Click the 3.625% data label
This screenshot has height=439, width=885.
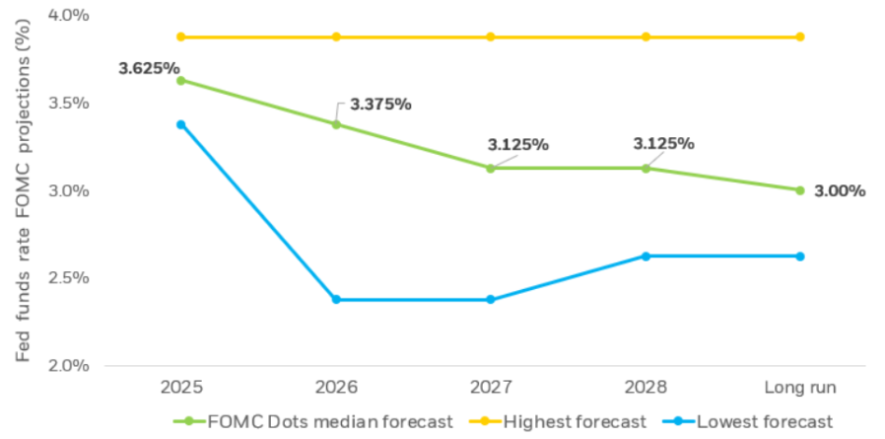(x=149, y=69)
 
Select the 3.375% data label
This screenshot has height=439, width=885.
(x=380, y=105)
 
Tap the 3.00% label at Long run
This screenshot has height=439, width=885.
(x=840, y=191)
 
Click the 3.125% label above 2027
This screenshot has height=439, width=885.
(x=517, y=144)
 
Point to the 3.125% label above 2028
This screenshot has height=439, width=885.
(x=663, y=143)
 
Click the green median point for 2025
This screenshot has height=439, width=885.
(x=180, y=80)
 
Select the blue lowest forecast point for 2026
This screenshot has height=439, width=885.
(x=336, y=299)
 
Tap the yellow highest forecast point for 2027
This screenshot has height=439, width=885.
(x=491, y=37)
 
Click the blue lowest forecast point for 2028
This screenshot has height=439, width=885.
(x=646, y=256)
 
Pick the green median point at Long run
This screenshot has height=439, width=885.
(x=800, y=190)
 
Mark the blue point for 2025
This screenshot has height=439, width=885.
(x=180, y=124)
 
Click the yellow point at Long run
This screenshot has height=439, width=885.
(x=800, y=37)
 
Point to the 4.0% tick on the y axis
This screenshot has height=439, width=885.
(x=69, y=15)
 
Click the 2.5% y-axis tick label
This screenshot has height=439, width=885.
(x=69, y=277)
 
